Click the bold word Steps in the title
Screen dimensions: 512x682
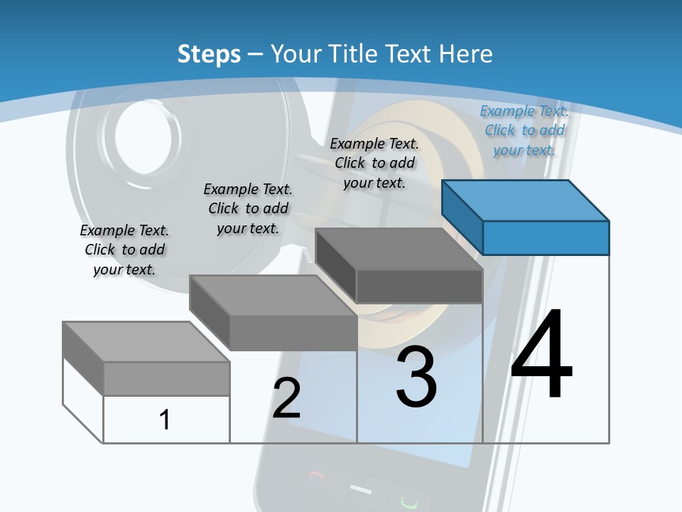click(209, 54)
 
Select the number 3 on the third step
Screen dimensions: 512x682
click(416, 378)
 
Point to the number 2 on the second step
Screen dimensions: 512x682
click(286, 398)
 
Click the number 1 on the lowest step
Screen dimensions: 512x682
click(165, 420)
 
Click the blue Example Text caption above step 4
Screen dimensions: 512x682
click(524, 131)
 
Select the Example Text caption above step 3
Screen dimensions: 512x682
click(374, 163)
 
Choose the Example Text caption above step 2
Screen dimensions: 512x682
click(248, 208)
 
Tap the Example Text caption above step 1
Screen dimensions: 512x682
click(124, 250)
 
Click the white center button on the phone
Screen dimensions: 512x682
click(361, 490)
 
